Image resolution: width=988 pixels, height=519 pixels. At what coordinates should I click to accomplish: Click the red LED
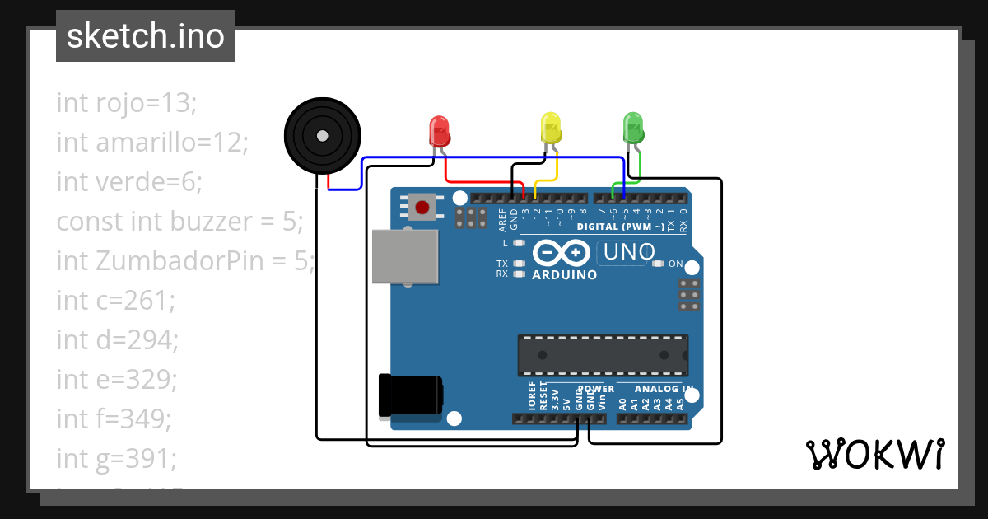(x=439, y=130)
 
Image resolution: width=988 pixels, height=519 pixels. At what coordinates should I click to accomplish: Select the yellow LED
(x=550, y=128)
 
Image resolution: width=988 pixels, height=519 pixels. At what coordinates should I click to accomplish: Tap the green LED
(x=632, y=126)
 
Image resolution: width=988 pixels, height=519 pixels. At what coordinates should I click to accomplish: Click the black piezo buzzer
(x=322, y=136)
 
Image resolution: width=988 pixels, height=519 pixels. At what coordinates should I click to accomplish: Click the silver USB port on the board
(x=404, y=256)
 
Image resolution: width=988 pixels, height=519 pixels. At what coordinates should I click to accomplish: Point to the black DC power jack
(x=410, y=396)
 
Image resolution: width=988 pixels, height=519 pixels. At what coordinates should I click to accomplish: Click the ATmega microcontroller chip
(x=603, y=355)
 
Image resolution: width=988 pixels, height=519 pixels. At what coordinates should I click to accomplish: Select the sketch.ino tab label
(x=146, y=36)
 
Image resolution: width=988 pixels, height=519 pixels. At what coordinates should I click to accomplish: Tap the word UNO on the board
(x=629, y=252)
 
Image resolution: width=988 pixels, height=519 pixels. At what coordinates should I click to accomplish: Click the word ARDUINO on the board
(x=565, y=275)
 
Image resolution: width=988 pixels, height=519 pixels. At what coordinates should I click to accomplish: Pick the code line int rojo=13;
(x=127, y=103)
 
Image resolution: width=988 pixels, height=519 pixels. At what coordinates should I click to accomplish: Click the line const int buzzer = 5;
(x=180, y=221)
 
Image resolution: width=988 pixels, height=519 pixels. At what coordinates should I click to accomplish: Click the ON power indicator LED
(x=658, y=264)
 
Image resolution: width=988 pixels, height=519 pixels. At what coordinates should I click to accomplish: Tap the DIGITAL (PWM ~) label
(x=620, y=227)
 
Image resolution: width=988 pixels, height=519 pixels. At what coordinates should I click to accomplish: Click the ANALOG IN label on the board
(x=664, y=388)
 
